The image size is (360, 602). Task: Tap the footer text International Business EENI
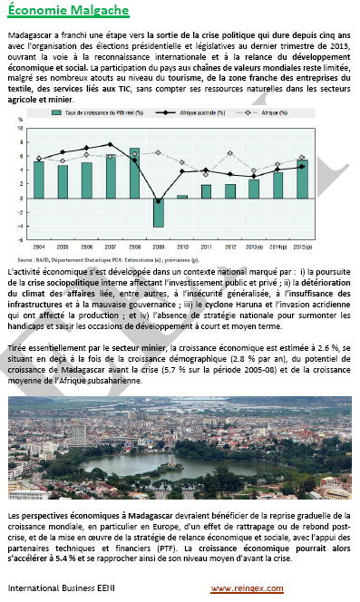pos(61,589)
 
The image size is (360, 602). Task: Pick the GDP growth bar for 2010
pos(182,197)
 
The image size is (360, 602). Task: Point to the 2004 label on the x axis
pos(39,247)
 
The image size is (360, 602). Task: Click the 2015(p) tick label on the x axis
pos(302,247)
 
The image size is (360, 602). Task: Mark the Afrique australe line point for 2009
pos(158,201)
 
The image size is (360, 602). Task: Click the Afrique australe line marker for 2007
pos(111,144)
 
